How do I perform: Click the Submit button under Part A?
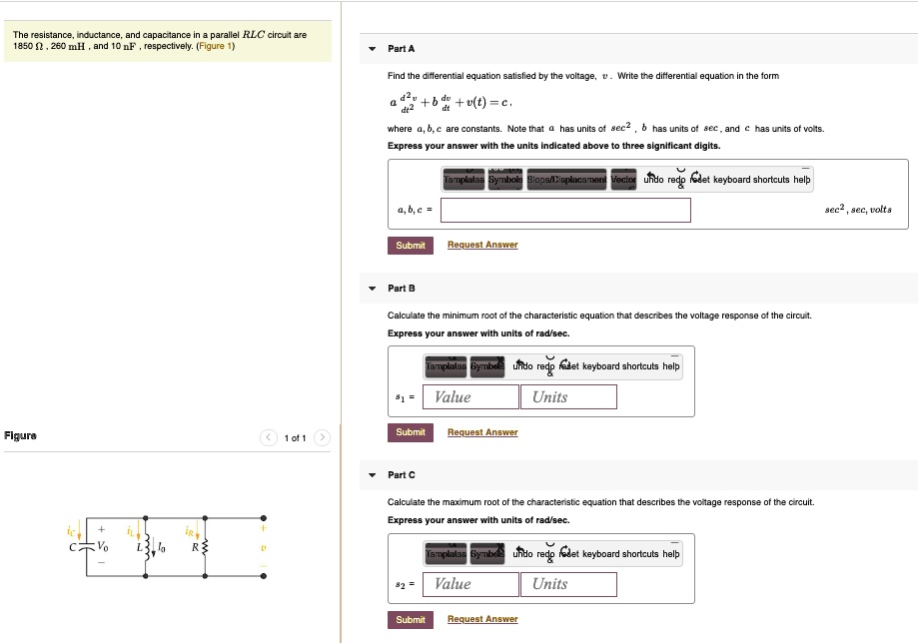[410, 245]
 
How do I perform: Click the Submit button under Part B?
[410, 432]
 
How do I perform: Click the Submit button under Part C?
[410, 620]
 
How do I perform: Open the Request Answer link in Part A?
[482, 245]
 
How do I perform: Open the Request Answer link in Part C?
[482, 620]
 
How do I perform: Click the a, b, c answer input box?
[565, 211]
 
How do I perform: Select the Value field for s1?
[470, 397]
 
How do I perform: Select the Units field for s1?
[567, 397]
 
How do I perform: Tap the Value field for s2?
[470, 584]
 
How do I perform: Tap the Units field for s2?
[567, 584]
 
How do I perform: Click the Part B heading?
[401, 289]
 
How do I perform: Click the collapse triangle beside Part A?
[372, 49]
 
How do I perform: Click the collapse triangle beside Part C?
[372, 475]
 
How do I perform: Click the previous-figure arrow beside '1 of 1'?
[268, 438]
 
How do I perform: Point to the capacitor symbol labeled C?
[87, 547]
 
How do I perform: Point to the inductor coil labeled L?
[146, 547]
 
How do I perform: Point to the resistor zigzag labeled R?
[205, 547]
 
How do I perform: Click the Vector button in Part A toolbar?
[623, 180]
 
